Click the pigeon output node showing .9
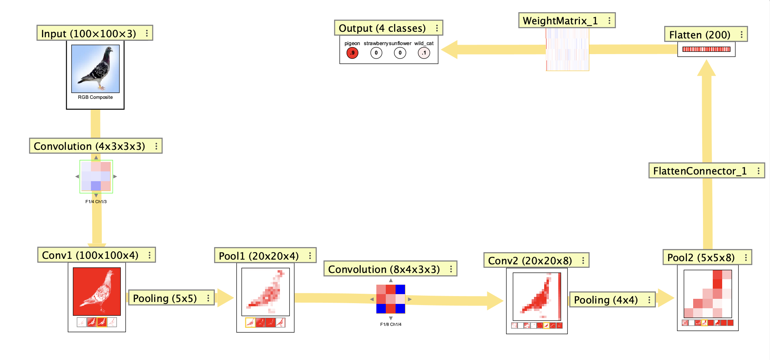pyautogui.click(x=352, y=53)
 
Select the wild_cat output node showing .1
pyautogui.click(x=424, y=53)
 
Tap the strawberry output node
pyautogui.click(x=376, y=53)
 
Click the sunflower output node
pyautogui.click(x=400, y=53)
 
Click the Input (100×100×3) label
pyautogui.click(x=89, y=33)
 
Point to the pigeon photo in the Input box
pyautogui.click(x=95, y=69)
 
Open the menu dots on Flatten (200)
pyautogui.click(x=741, y=35)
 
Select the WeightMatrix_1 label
pyautogui.click(x=560, y=21)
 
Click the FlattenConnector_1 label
pyautogui.click(x=700, y=171)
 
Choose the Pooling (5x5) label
pyautogui.click(x=165, y=298)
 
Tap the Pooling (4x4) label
pyautogui.click(x=606, y=300)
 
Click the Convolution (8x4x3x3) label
pyautogui.click(x=384, y=269)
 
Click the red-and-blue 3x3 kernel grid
pyautogui.click(x=390, y=299)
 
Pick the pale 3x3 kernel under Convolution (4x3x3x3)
pyautogui.click(x=96, y=176)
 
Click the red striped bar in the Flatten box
pyautogui.click(x=706, y=49)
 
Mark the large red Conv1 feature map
pyautogui.click(x=97, y=291)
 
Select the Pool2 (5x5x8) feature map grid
pyautogui.click(x=708, y=294)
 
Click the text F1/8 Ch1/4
pyautogui.click(x=390, y=324)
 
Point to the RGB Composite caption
pyautogui.click(x=95, y=97)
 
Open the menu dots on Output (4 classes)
pyautogui.click(x=437, y=28)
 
